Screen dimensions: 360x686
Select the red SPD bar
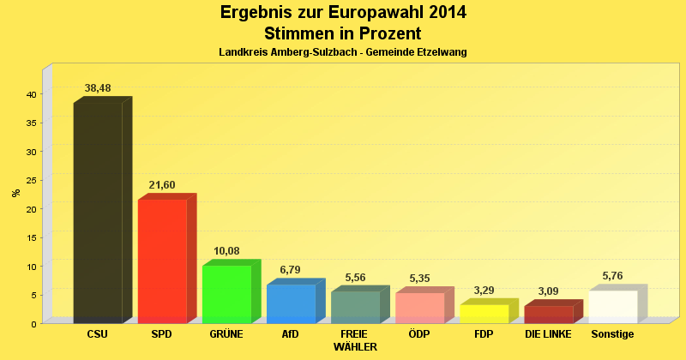point(162,261)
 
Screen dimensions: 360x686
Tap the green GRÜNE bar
point(226,294)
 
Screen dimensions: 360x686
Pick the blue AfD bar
point(291,303)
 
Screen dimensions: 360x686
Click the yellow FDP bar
point(484,314)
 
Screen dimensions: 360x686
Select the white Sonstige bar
point(612,307)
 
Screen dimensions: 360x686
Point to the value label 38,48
point(98,88)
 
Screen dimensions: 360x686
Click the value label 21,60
point(162,185)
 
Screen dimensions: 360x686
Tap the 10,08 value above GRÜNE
point(226,251)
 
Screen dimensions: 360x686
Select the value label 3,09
point(548,291)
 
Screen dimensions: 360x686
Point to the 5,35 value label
point(419,279)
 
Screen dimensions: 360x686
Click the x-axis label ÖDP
point(419,333)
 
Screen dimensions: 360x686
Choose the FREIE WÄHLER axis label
point(354,339)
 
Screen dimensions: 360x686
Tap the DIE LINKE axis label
point(548,333)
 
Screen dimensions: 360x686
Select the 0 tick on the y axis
point(33,323)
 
